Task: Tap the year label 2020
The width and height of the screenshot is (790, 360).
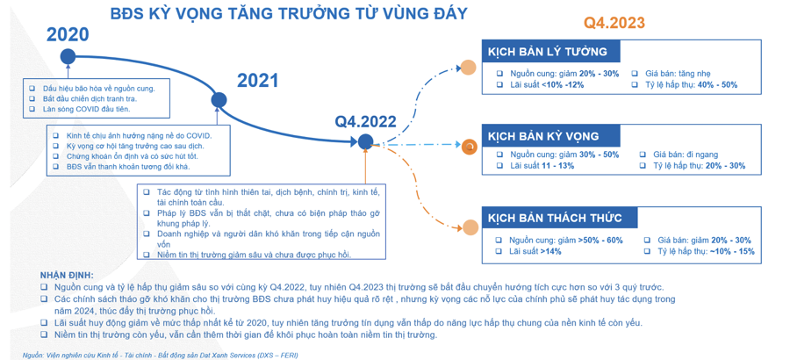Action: pos(68,35)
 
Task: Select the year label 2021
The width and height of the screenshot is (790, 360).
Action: pos(258,81)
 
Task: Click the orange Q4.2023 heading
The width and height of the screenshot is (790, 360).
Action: pos(614,23)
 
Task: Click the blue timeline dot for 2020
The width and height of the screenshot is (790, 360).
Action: pos(68,57)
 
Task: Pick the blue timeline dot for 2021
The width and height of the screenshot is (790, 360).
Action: pos(218,101)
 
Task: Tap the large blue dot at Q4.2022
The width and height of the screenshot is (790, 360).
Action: pos(366,140)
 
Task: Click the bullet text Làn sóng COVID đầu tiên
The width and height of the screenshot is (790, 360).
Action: pos(86,110)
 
